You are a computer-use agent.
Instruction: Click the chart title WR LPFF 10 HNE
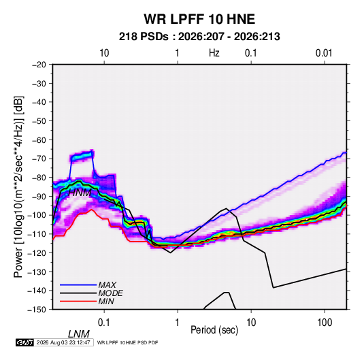click(x=199, y=19)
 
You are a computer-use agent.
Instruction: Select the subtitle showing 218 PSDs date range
click(x=199, y=37)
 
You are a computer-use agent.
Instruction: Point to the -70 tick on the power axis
click(x=39, y=159)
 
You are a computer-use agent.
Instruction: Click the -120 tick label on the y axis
click(x=37, y=253)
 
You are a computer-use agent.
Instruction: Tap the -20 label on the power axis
click(x=39, y=65)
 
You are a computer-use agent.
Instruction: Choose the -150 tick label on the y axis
click(x=37, y=310)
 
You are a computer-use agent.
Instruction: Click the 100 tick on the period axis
click(x=325, y=322)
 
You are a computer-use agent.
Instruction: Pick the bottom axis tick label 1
click(x=178, y=322)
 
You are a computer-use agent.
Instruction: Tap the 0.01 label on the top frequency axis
click(x=324, y=53)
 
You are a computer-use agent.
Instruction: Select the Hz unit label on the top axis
click(x=214, y=53)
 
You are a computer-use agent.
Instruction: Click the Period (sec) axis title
click(x=214, y=330)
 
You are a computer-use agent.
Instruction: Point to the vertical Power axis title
click(x=18, y=186)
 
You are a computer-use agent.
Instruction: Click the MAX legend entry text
click(x=107, y=284)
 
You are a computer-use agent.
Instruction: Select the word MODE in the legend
click(x=110, y=293)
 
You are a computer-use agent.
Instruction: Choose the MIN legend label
click(x=106, y=301)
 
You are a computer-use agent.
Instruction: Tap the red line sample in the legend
click(x=78, y=301)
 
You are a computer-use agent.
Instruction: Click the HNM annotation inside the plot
click(x=80, y=193)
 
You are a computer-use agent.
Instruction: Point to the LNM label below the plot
click(x=79, y=334)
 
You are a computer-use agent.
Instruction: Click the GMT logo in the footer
click(x=25, y=342)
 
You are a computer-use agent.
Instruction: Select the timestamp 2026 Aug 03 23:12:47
click(x=63, y=342)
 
